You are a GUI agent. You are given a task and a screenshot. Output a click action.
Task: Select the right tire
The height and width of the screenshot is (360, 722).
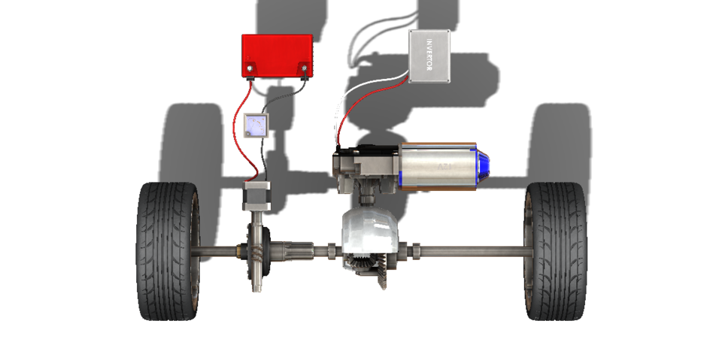pyautogui.click(x=556, y=251)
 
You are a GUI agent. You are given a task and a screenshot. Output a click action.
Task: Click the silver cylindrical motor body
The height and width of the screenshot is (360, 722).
pyautogui.click(x=439, y=165)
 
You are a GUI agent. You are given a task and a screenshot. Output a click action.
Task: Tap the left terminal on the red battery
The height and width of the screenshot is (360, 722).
pyautogui.click(x=250, y=70)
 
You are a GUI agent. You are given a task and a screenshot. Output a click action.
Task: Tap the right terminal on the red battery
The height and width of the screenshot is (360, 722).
pyautogui.click(x=304, y=70)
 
